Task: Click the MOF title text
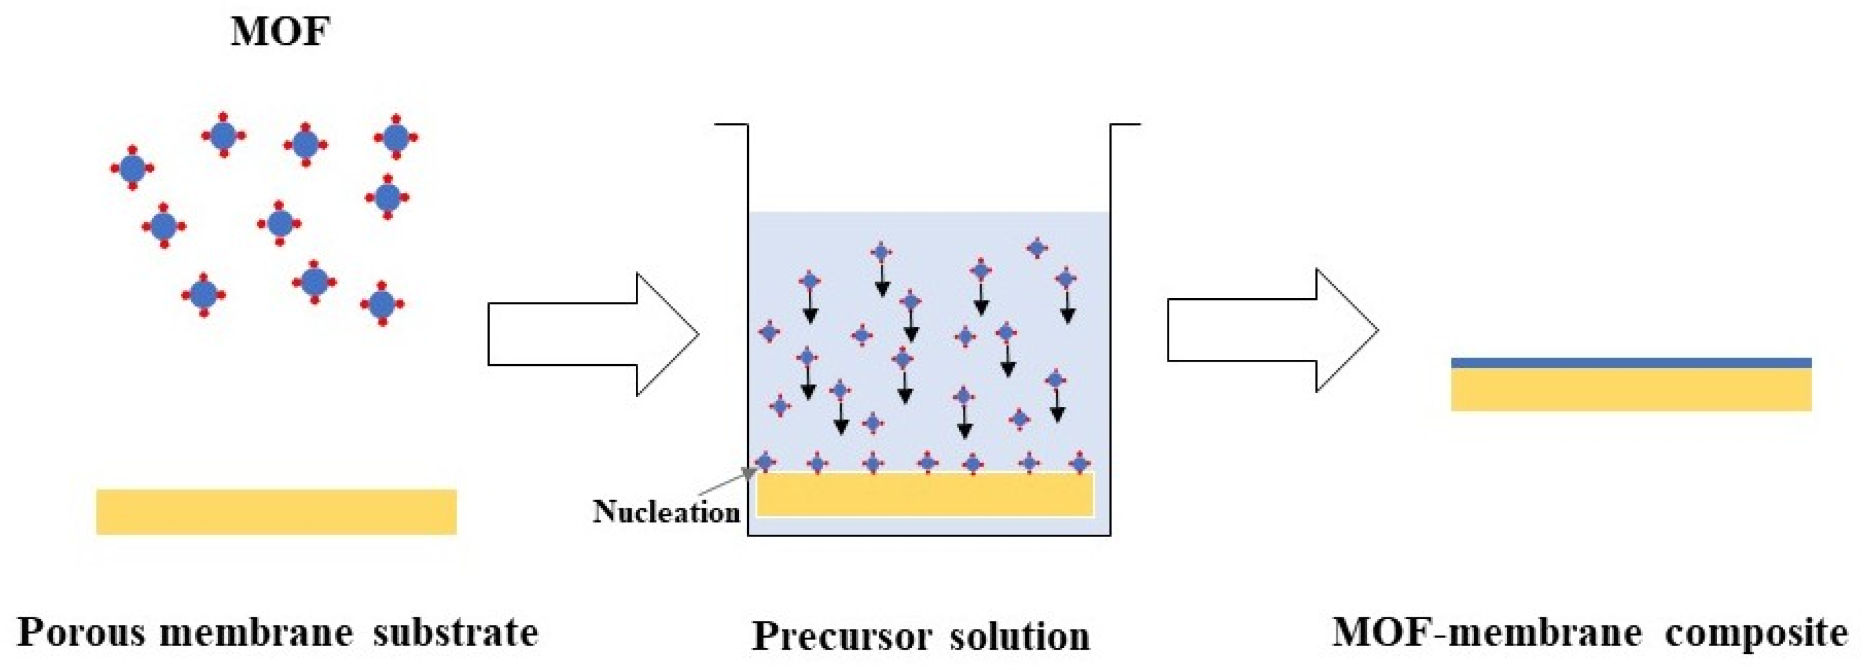pos(280,32)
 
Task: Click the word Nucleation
pos(666,511)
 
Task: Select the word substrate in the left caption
pos(456,632)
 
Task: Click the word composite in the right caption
pos(1757,633)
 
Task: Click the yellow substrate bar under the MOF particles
pos(276,511)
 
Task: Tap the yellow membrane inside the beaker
pos(924,495)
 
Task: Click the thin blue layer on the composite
pos(1630,363)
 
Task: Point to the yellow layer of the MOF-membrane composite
pos(1630,390)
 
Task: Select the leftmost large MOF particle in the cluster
pos(132,168)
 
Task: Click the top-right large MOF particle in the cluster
pos(395,137)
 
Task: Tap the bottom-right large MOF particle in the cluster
pos(382,304)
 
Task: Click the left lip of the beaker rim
pos(731,125)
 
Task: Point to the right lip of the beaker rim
pos(1126,125)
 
